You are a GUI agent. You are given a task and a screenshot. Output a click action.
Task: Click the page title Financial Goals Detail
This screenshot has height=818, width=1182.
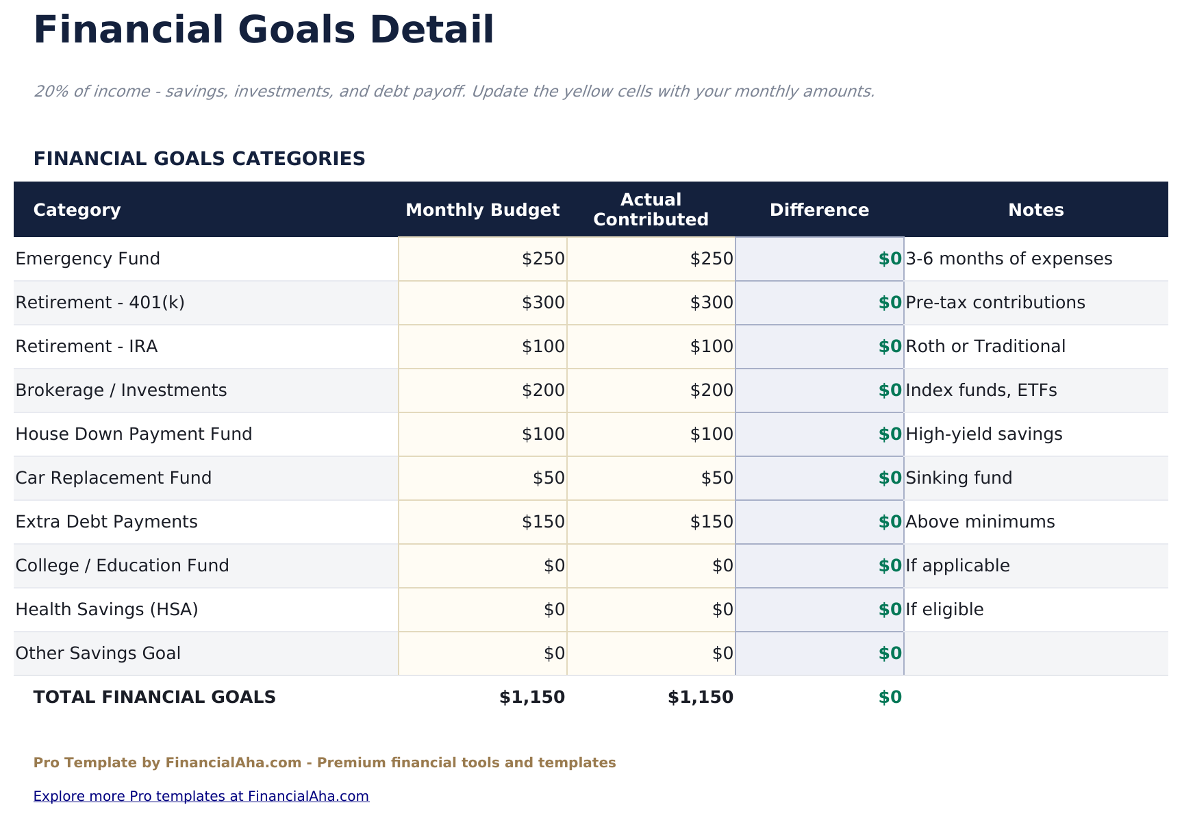tap(264, 31)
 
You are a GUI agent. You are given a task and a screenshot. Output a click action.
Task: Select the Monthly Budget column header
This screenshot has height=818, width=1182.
tap(483, 210)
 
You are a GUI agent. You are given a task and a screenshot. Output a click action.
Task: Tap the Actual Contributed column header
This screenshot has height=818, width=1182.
tap(651, 210)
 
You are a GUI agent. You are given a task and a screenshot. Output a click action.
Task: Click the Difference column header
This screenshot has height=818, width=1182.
tap(819, 210)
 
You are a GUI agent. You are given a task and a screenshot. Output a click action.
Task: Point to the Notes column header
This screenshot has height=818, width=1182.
tap(1035, 210)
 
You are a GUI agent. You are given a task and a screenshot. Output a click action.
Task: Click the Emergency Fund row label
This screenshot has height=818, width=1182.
tap(88, 259)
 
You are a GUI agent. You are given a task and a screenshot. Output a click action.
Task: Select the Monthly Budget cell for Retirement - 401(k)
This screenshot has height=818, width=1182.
tap(483, 303)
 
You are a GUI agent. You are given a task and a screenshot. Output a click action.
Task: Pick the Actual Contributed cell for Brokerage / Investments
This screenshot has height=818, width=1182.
tap(651, 391)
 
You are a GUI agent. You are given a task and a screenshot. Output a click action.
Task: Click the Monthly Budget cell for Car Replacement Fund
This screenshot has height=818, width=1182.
tap(483, 478)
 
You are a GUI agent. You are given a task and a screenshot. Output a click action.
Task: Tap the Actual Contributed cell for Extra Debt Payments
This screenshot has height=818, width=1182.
tap(651, 522)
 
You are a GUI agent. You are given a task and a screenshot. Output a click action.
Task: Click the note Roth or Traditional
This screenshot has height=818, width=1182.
tap(985, 347)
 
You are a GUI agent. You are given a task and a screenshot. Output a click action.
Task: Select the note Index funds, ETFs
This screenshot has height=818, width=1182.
tap(981, 391)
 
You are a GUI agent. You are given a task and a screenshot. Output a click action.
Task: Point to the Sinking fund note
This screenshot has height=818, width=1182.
tap(959, 478)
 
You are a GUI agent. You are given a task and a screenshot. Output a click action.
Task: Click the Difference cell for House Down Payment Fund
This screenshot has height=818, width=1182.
tap(820, 434)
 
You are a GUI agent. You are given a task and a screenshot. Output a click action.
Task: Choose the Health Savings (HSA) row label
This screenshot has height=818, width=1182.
tap(107, 610)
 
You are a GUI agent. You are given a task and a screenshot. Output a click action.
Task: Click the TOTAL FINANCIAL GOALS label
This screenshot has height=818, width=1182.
tap(155, 697)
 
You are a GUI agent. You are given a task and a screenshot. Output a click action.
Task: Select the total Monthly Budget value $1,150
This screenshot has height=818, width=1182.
tap(532, 697)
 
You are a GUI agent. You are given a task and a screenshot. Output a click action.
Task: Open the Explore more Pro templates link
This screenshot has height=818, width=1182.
tap(201, 796)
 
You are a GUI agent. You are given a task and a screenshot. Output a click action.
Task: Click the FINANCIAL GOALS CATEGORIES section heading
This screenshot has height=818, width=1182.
tap(199, 159)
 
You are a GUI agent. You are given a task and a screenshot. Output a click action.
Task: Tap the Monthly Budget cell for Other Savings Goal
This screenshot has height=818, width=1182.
tap(483, 654)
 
